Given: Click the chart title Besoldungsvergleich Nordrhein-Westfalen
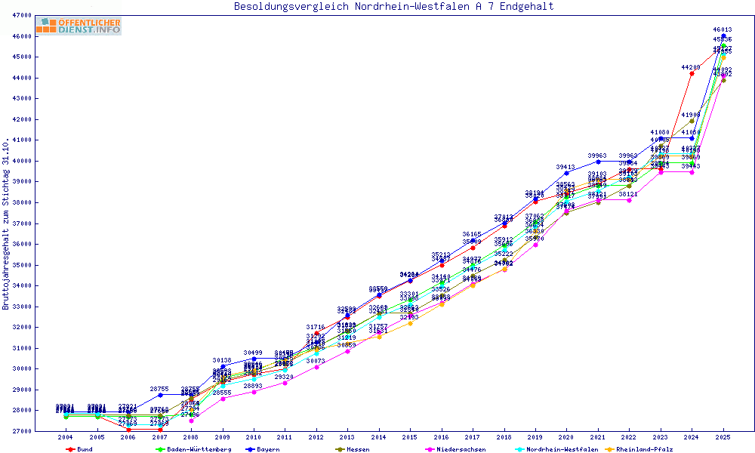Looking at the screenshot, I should tap(393, 6).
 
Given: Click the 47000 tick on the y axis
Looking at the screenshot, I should tap(21, 15).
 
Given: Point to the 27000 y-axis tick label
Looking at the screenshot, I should tap(21, 431).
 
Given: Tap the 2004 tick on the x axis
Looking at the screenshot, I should tap(66, 437).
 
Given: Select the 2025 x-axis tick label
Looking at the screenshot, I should tap(723, 437).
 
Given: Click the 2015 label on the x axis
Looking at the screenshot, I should tap(410, 437).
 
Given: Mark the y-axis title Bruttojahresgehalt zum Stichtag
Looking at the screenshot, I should tap(6, 223).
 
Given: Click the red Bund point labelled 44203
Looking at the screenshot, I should tap(692, 73).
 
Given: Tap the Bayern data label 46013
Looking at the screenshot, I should tap(723, 29).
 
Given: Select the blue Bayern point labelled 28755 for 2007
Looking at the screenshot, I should tap(160, 395).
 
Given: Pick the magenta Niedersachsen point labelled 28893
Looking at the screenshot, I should tap(254, 392).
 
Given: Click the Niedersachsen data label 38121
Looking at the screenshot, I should tap(628, 194).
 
